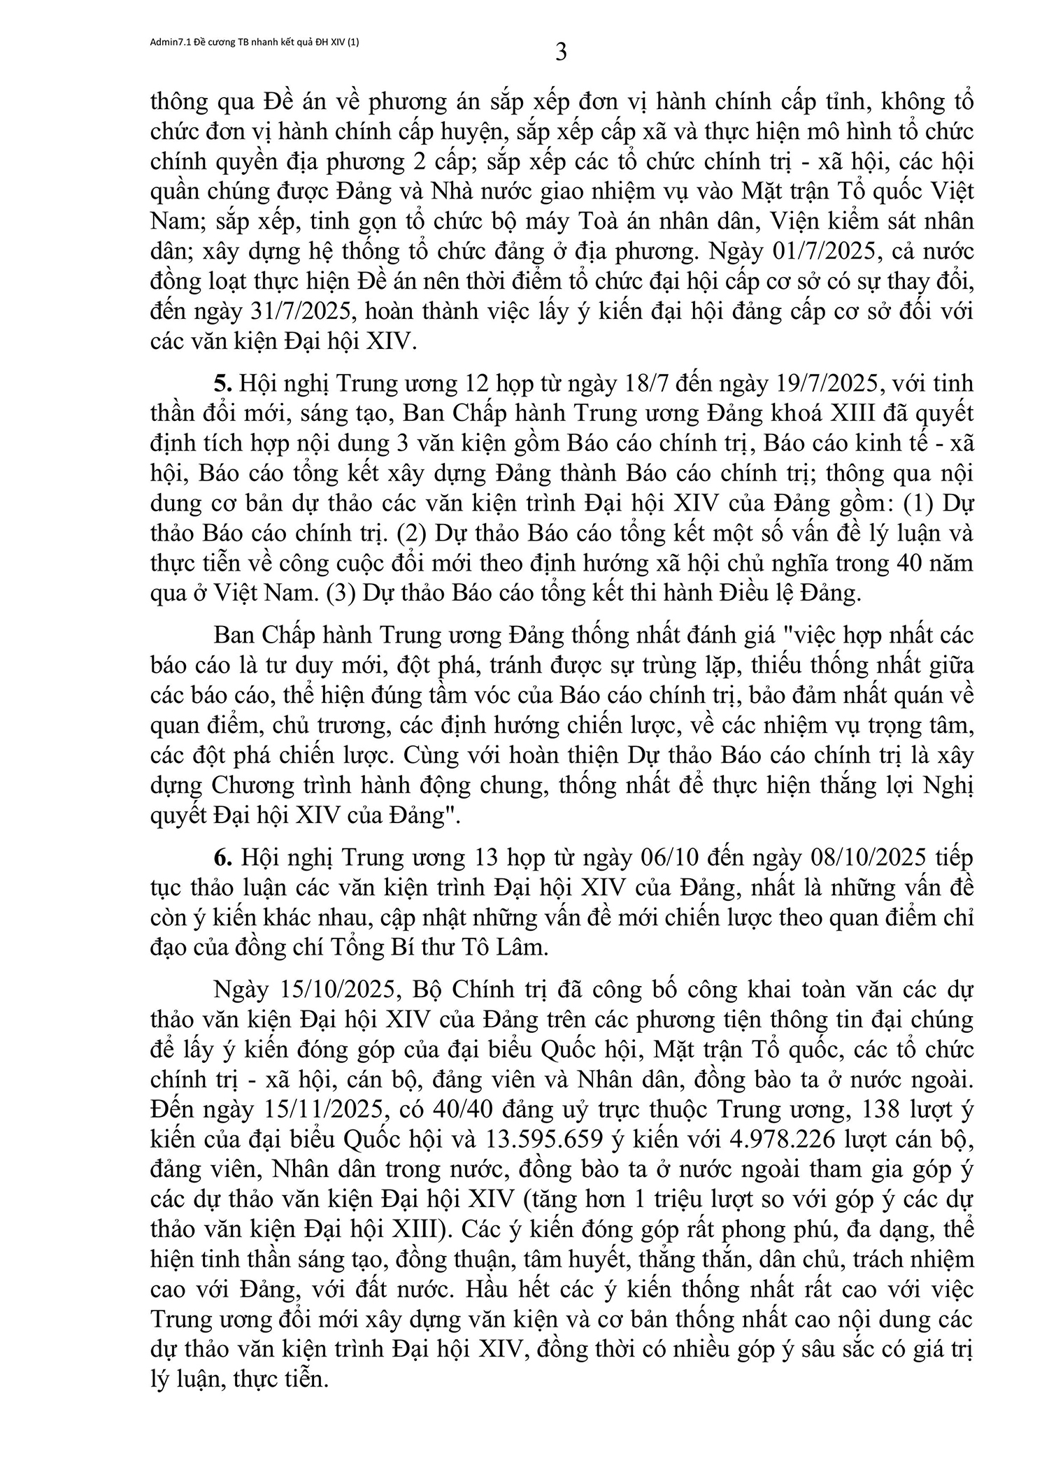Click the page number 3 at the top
point(561,52)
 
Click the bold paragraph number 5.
point(221,384)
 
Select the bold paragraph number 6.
point(221,857)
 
